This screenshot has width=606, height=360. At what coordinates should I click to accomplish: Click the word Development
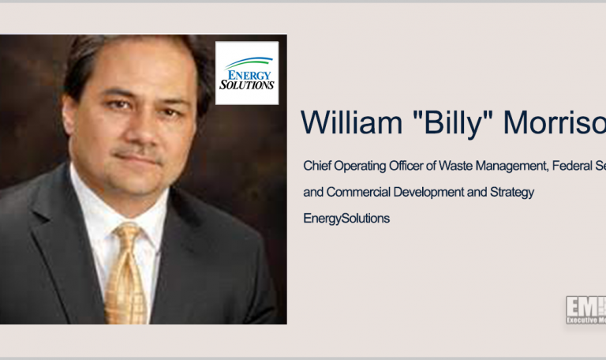coord(426,192)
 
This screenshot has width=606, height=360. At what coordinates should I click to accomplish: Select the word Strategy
coord(512,192)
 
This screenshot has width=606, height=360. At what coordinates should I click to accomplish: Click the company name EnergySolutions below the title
coord(346,218)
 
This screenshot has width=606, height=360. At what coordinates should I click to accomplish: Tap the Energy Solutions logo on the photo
coord(247,73)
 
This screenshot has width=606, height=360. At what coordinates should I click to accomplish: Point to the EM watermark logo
coord(585,309)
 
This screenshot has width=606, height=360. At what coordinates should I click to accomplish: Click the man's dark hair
coord(118,55)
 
